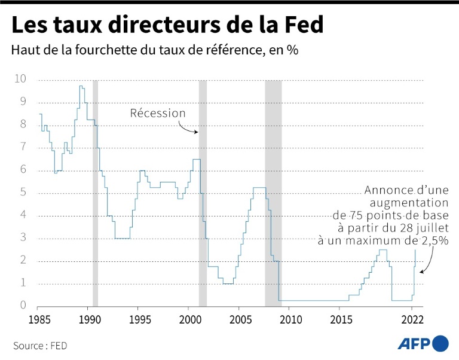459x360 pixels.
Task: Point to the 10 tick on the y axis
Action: click(21, 79)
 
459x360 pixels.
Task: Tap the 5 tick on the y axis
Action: click(23, 193)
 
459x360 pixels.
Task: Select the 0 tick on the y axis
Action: click(23, 306)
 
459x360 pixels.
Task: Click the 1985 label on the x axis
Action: click(39, 318)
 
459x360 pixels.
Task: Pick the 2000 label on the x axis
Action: click(189, 318)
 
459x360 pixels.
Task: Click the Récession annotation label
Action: click(158, 113)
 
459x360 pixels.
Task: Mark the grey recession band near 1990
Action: click(95, 191)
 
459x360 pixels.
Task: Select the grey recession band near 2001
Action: click(203, 191)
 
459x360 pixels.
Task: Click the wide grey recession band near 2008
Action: click(273, 191)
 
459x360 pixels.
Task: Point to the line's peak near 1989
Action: click(81, 86)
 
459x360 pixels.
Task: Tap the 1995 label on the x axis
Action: click(139, 318)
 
